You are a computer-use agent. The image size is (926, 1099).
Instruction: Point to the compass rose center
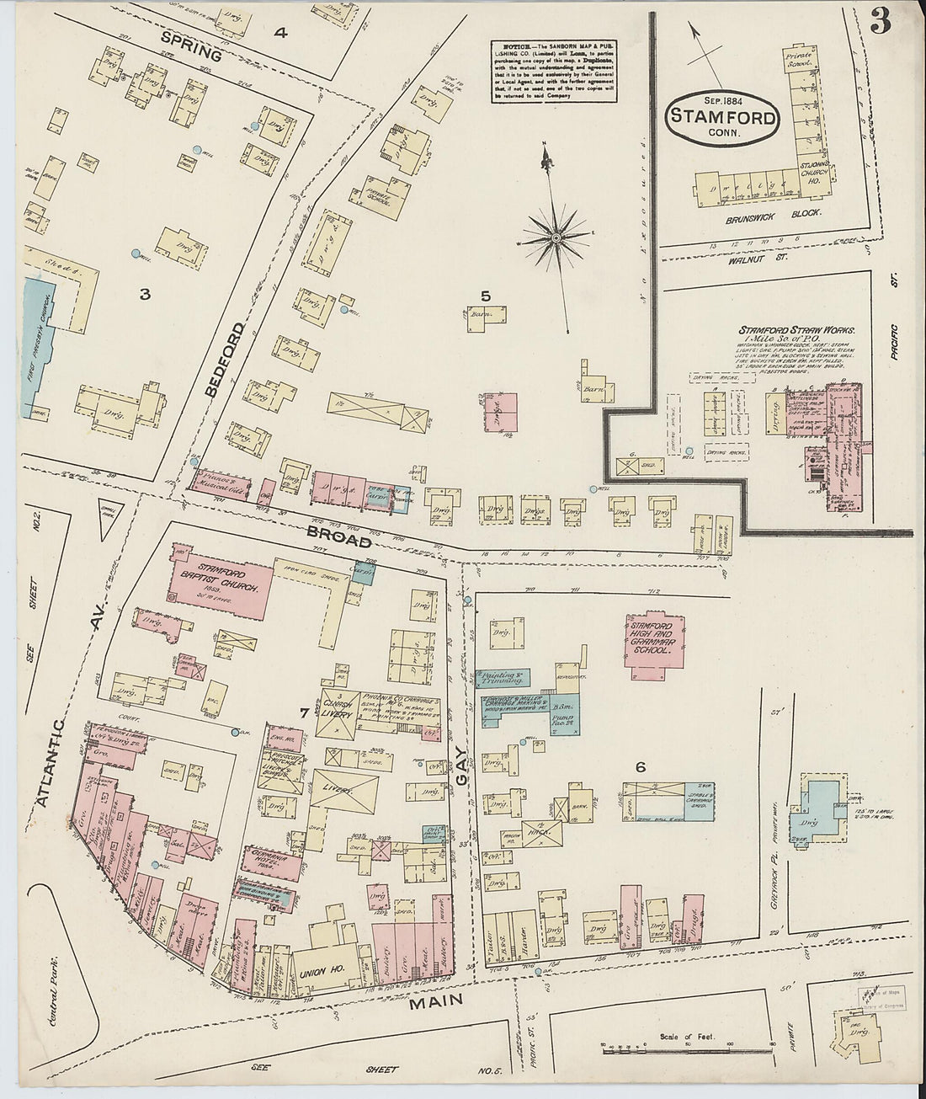click(x=556, y=238)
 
